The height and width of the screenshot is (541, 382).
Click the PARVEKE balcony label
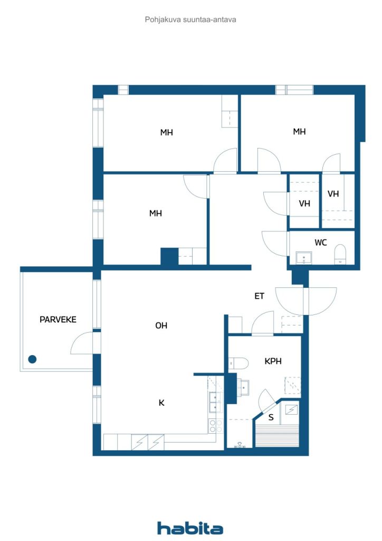tap(58, 320)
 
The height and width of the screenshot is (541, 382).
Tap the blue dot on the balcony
tap(32, 359)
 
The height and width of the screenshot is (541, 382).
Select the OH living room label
tap(161, 325)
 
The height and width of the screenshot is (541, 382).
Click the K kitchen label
tap(161, 403)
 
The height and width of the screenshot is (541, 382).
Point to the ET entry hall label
tap(260, 296)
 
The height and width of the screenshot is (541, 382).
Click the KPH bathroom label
tap(273, 361)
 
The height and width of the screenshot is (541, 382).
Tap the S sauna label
tap(271, 417)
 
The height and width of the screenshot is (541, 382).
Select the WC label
tap(321, 242)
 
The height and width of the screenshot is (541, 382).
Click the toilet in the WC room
tap(340, 254)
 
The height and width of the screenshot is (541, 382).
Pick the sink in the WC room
tap(304, 258)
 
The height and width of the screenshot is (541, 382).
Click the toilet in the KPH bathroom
tap(238, 363)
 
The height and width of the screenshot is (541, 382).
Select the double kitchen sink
tap(216, 403)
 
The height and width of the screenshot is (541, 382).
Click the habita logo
tap(190, 528)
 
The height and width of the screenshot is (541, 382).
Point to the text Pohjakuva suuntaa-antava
tap(190, 20)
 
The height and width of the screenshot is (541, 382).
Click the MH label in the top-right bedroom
tap(299, 132)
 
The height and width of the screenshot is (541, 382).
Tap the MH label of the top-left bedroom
tap(167, 132)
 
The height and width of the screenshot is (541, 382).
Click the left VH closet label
tap(304, 203)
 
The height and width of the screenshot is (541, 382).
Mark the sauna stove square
tap(291, 410)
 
